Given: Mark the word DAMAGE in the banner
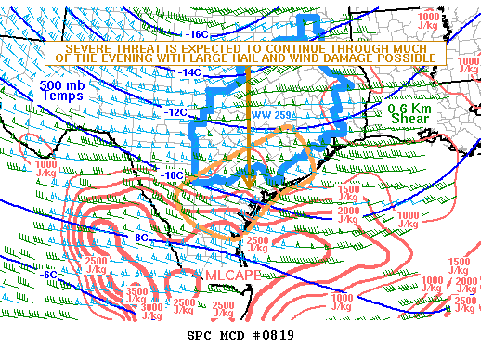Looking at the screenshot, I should pyautogui.click(x=367, y=58).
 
